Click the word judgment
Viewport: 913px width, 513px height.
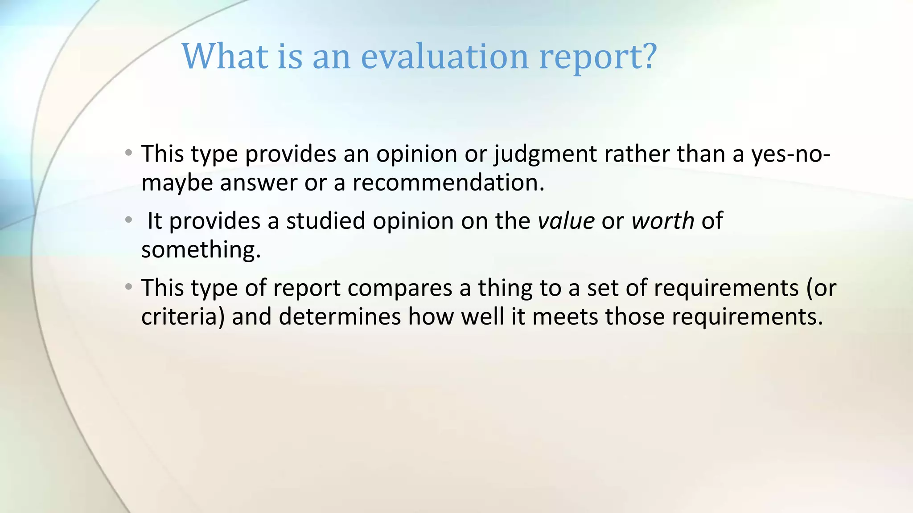pos(545,155)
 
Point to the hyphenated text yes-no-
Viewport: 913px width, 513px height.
pos(790,155)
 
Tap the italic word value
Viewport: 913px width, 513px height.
pos(566,221)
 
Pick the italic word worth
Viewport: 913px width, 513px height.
pos(662,221)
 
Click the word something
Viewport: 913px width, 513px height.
pos(200,250)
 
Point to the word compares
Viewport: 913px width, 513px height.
pos(400,288)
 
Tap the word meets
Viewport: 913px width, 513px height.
pos(565,317)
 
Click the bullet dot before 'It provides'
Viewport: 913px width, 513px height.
pos(129,220)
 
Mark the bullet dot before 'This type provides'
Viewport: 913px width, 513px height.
pos(129,153)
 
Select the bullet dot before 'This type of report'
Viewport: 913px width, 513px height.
pos(129,287)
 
